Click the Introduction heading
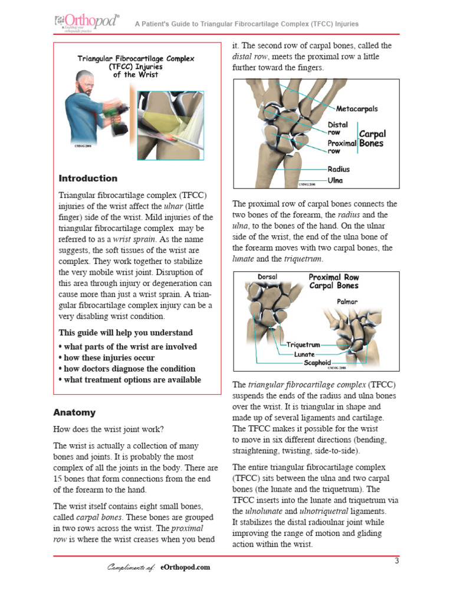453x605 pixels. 88,178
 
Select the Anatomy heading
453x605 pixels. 74,412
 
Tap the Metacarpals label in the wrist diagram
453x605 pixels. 356,109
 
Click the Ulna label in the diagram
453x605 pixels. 336,181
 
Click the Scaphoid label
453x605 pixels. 317,363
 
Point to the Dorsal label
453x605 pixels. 267,277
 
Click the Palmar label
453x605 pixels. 347,301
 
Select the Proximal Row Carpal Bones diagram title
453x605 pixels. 333,281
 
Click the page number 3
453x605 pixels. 397,561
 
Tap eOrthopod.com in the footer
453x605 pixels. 185,567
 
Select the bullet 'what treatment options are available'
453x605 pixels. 130,380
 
